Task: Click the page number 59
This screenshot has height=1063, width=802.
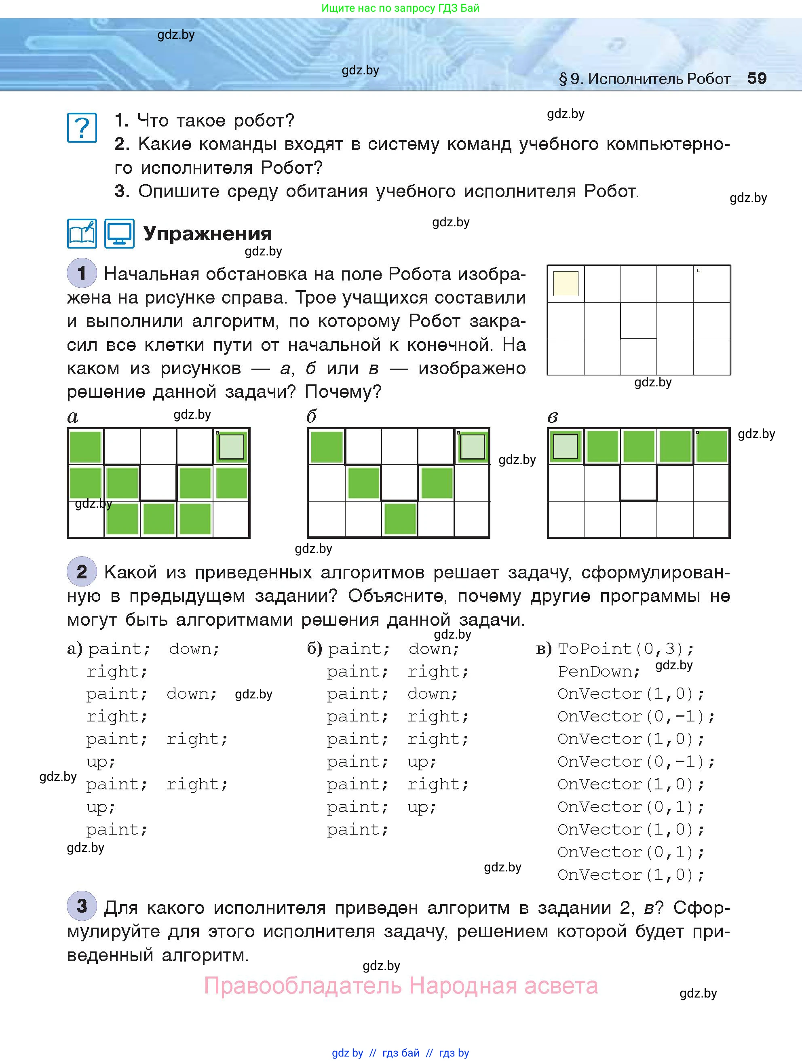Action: click(756, 78)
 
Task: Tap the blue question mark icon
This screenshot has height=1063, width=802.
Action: click(82, 128)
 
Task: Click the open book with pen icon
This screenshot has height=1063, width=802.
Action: click(82, 234)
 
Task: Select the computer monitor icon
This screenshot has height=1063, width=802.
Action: click(119, 234)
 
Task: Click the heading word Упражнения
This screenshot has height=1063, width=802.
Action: click(208, 234)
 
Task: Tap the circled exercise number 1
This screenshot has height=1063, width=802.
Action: click(82, 273)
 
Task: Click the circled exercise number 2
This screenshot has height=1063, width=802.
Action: click(82, 572)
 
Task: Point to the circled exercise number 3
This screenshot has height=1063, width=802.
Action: click(82, 906)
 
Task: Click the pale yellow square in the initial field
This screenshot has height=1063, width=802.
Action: click(566, 283)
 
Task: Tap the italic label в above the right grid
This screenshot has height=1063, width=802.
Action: click(553, 417)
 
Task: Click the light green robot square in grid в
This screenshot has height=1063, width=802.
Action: click(566, 447)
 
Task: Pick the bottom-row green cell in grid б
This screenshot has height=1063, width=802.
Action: click(400, 519)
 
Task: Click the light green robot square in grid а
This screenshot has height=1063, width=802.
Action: click(232, 447)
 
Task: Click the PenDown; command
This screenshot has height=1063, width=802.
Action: click(599, 671)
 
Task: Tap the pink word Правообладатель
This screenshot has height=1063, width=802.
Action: click(303, 986)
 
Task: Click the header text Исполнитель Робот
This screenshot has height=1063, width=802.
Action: click(658, 79)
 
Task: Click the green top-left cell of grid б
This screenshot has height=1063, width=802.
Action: click(327, 447)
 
